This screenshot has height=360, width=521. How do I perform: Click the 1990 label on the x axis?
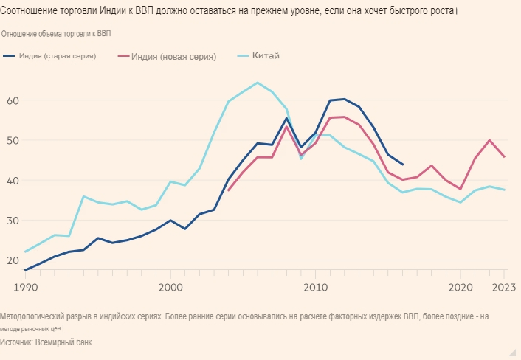pos(25,286)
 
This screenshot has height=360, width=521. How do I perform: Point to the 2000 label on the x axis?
pos(170,286)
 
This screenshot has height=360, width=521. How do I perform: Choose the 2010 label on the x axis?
pos(316,286)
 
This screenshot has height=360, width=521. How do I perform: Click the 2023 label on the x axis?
pos(503,286)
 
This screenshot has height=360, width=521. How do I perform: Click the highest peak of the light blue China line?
pos(257,83)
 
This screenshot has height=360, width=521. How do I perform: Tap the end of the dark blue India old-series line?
pos(402,165)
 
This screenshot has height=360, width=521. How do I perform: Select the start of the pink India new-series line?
pos(229,190)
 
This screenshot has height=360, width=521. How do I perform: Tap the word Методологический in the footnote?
pos(35,316)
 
